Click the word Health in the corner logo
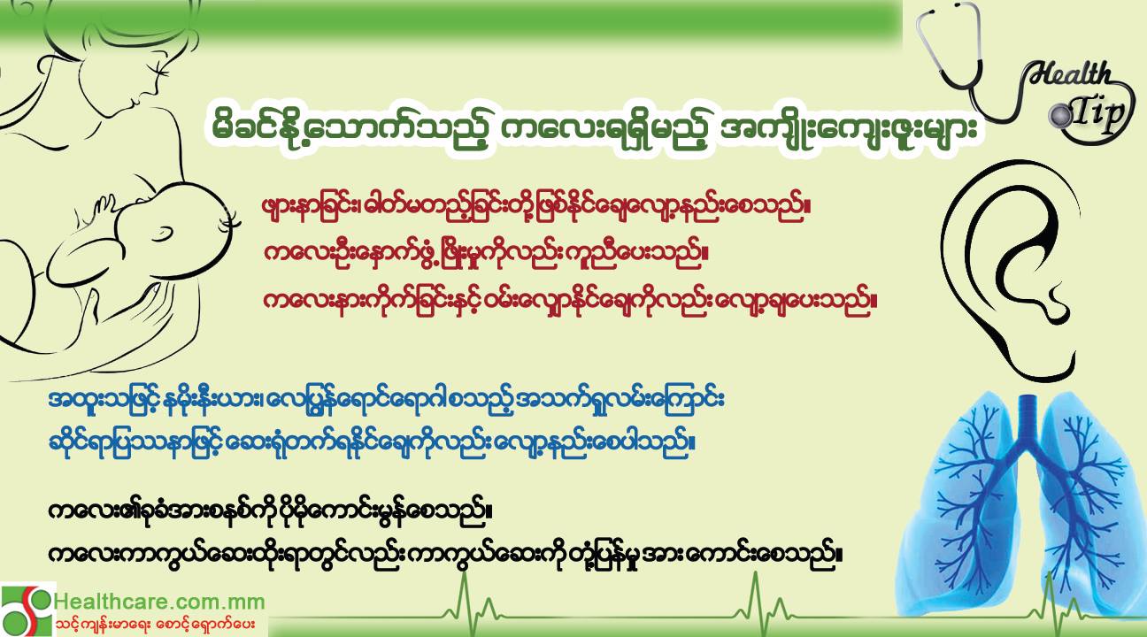pyautogui.click(x=1069, y=74)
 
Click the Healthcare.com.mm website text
pyautogui.click(x=159, y=602)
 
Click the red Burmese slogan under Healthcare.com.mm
pyautogui.click(x=155, y=625)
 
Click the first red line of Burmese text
pyautogui.click(x=536, y=207)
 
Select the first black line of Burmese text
pyautogui.click(x=270, y=511)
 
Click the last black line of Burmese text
pyautogui.click(x=445, y=554)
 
